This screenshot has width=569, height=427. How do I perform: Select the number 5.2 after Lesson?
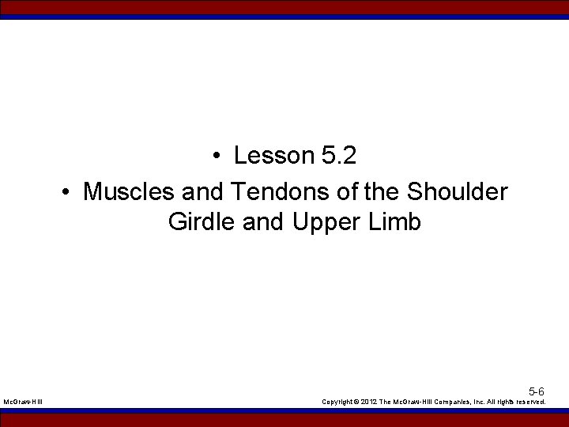pos(339,156)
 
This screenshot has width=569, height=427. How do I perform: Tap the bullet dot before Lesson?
pos(216,157)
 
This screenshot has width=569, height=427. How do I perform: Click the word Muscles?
pos(129,191)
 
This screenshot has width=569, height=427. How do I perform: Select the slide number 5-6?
pos(536,391)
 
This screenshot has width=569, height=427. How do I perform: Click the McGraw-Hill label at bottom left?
pos(23,402)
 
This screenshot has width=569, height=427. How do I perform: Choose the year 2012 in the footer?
pos(368,402)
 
